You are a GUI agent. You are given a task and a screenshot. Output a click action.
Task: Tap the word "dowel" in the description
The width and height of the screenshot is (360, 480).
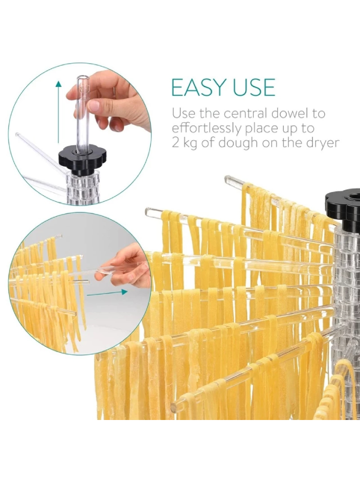pyautogui.click(x=287, y=113)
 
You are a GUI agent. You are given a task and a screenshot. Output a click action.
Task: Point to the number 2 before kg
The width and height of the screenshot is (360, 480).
pyautogui.click(x=175, y=143)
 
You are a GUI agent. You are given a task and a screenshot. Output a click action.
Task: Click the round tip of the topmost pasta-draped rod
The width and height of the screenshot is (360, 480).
pyautogui.click(x=228, y=179)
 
